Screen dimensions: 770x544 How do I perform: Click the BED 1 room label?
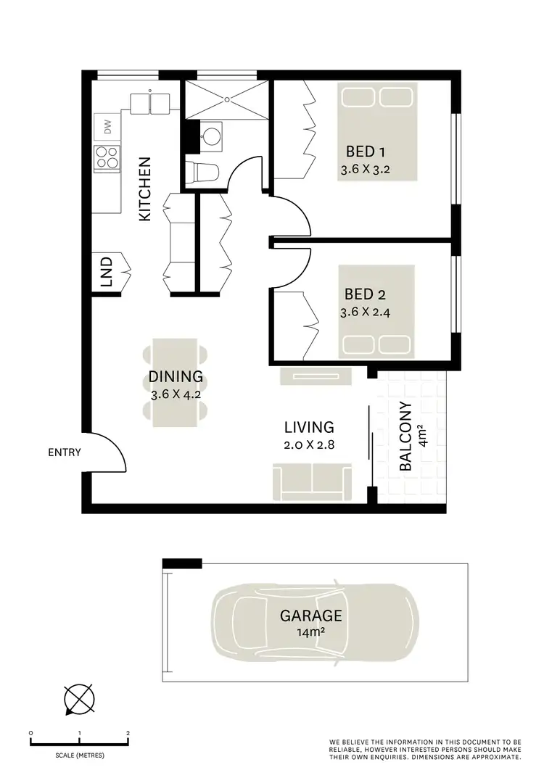click(x=365, y=152)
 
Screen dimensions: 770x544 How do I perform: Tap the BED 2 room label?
click(x=365, y=294)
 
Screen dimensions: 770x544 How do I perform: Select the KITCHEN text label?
click(x=145, y=189)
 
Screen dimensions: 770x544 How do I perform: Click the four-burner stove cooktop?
click(x=107, y=157)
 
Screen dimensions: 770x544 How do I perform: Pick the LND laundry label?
click(x=107, y=272)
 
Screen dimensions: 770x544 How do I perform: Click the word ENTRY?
click(x=65, y=453)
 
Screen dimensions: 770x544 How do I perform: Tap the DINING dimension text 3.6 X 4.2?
click(x=175, y=396)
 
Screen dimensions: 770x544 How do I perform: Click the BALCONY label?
click(x=406, y=437)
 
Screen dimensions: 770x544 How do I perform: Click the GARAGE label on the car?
click(x=311, y=616)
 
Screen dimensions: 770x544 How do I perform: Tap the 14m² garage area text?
click(x=311, y=632)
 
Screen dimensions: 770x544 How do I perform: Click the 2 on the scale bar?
click(x=128, y=733)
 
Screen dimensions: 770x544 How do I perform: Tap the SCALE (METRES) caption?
click(x=80, y=755)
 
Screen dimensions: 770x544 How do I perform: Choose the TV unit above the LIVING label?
click(x=316, y=376)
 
